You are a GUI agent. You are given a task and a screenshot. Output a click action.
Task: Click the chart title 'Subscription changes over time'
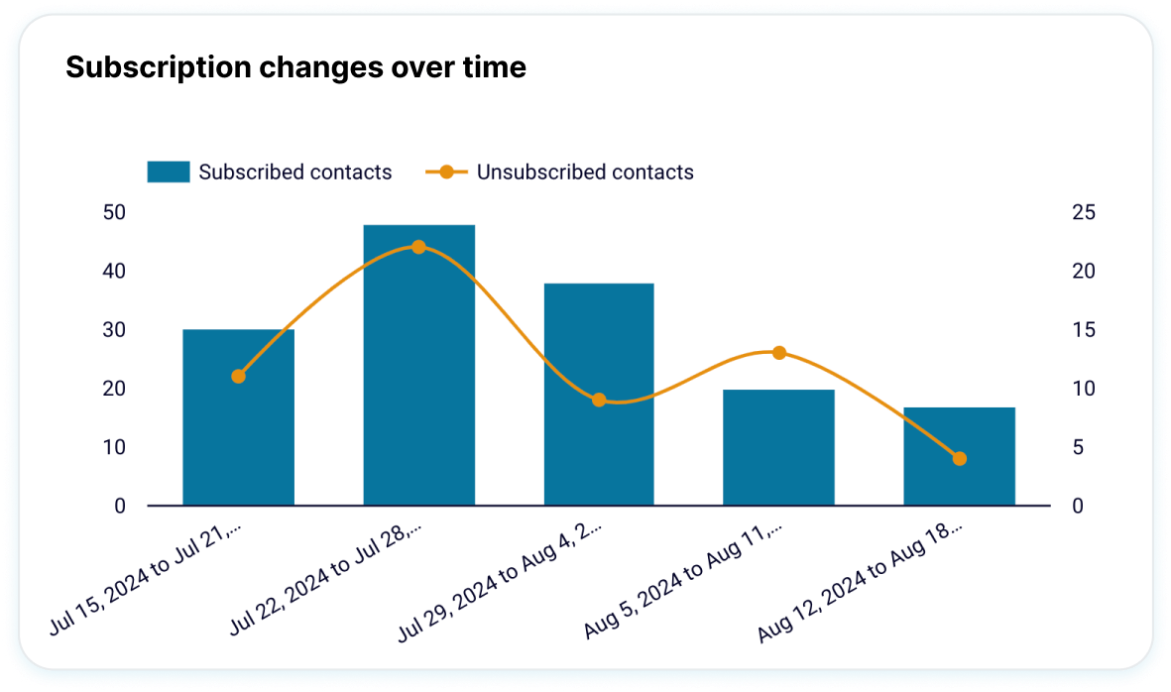tap(295, 67)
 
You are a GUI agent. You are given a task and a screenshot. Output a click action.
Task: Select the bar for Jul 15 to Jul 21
tap(238, 416)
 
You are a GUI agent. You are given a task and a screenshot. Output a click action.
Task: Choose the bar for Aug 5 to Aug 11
tap(778, 447)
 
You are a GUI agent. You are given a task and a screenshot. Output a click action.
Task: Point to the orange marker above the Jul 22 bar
tap(418, 247)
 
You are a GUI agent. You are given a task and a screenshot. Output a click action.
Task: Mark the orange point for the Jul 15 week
tap(238, 376)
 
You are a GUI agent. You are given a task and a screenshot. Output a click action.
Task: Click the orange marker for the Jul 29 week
tap(599, 400)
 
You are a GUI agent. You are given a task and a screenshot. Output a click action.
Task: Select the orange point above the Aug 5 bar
tap(778, 353)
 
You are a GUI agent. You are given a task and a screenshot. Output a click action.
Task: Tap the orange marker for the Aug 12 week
tap(959, 458)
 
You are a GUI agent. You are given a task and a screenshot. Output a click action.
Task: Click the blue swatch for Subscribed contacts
tap(168, 172)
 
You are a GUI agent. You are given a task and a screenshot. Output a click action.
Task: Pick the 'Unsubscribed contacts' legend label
tap(585, 172)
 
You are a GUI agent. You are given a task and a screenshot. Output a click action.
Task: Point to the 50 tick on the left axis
tap(113, 212)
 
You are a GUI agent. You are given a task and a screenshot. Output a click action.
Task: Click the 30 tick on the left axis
tap(113, 330)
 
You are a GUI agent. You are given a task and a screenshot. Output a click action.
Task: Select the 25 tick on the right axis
tap(1084, 212)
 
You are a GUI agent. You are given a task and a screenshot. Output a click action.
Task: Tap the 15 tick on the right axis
tap(1084, 330)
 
